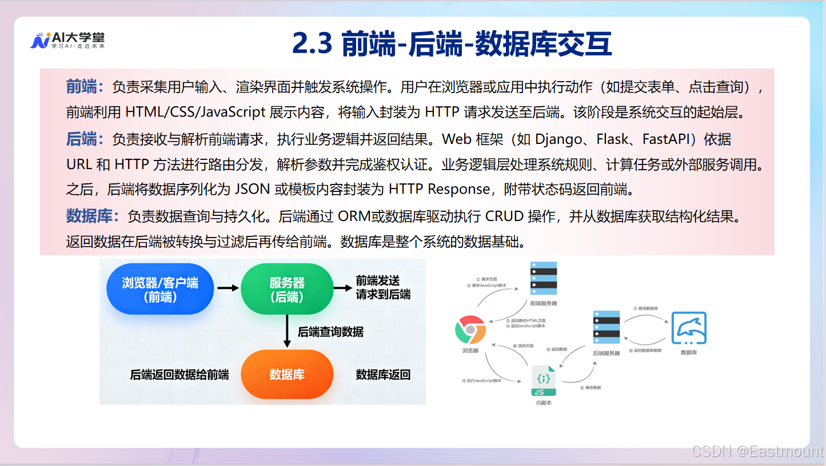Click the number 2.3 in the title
coord(312,44)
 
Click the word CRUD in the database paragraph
coord(504,216)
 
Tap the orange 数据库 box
coord(287,375)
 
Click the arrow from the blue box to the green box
coord(228,288)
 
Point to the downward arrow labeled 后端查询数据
coord(287,331)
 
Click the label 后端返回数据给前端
coord(179,375)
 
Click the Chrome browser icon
coord(470,330)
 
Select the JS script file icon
coord(544,381)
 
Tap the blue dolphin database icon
coord(689,328)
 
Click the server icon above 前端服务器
coord(543,278)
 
